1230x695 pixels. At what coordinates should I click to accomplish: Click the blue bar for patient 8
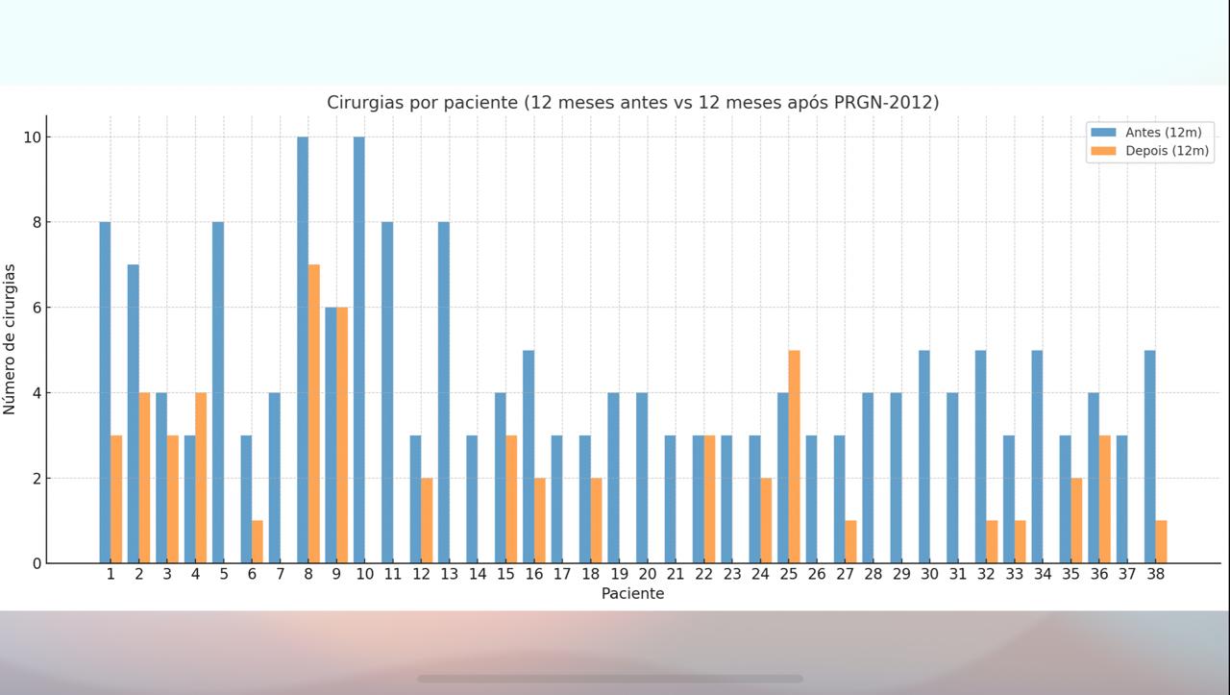click(303, 350)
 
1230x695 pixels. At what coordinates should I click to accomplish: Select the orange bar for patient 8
click(314, 413)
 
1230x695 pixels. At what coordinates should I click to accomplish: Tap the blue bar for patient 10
click(359, 350)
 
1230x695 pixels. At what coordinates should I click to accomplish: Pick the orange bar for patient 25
click(795, 457)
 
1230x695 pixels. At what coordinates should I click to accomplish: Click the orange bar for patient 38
click(1162, 541)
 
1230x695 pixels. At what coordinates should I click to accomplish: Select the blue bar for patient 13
click(444, 392)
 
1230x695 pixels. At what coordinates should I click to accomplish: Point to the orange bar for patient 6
click(258, 541)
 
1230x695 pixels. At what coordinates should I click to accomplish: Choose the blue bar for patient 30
click(924, 457)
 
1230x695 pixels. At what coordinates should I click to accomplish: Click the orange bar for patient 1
click(116, 499)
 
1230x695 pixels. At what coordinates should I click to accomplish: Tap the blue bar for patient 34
click(1037, 457)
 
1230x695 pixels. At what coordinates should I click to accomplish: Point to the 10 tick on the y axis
click(33, 137)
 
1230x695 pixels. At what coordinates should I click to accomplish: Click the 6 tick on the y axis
click(37, 308)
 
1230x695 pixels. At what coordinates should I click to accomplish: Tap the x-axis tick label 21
click(676, 574)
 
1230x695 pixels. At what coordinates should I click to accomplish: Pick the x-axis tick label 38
click(1156, 574)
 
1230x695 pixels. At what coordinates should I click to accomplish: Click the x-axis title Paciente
click(632, 594)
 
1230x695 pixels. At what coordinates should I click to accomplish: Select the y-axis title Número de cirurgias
click(11, 339)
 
